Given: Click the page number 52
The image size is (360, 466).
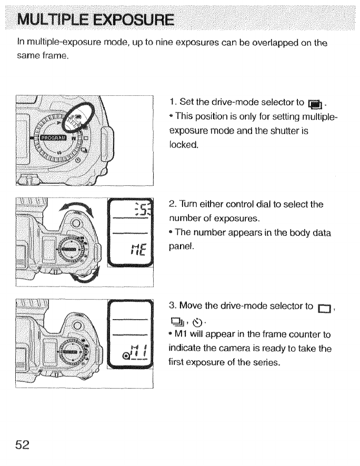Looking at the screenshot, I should (x=23, y=444).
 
